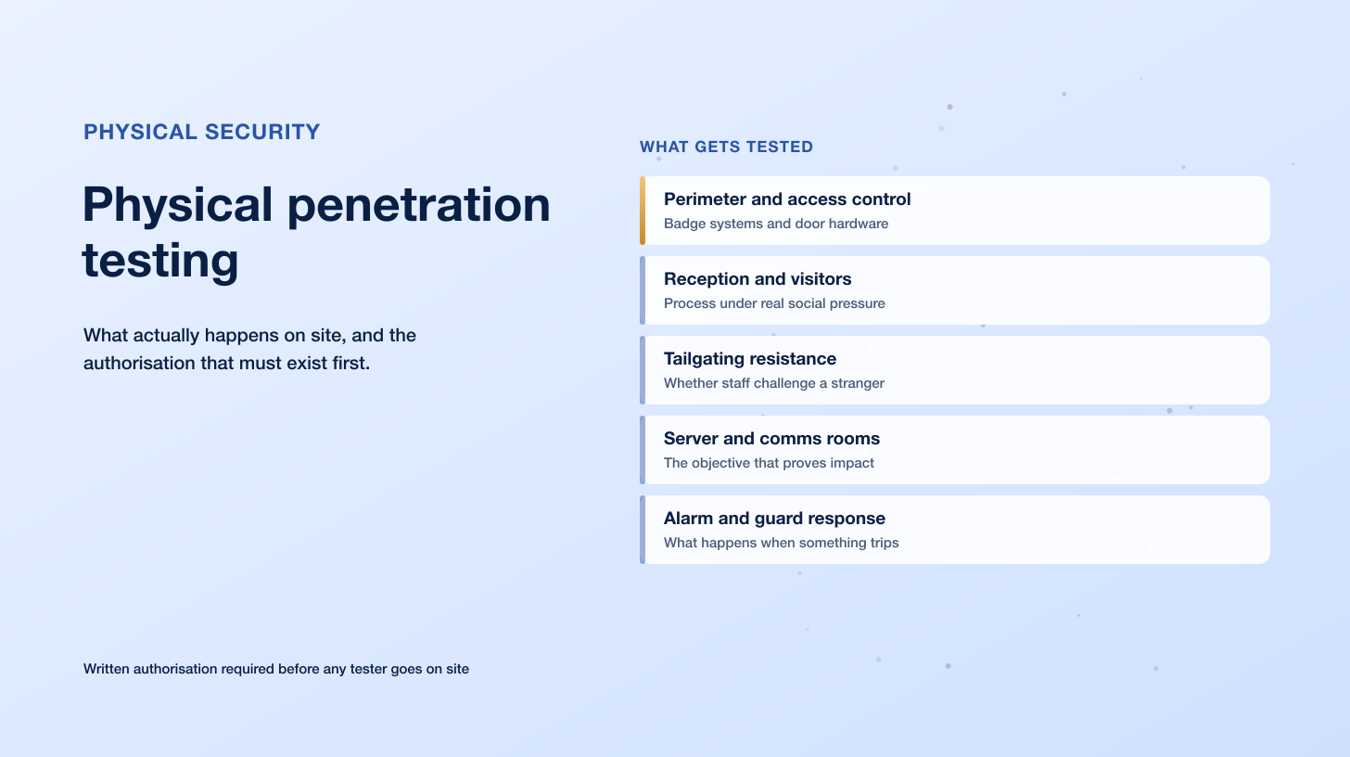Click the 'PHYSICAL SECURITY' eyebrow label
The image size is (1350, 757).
(201, 132)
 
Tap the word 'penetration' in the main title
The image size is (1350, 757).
(418, 205)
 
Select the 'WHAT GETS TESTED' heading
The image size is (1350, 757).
(726, 147)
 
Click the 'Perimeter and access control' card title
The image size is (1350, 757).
(787, 199)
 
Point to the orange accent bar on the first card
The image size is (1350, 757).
(643, 211)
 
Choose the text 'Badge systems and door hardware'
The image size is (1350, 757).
(776, 224)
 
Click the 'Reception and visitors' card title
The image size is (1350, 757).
(758, 278)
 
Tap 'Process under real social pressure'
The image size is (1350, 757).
(774, 303)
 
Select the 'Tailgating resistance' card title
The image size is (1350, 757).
(750, 359)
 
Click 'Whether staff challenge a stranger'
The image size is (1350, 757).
(774, 383)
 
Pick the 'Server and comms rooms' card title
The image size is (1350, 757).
(771, 439)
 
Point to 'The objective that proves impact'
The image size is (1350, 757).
(769, 463)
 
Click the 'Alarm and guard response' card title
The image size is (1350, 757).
(774, 519)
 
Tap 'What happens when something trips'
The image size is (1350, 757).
(781, 543)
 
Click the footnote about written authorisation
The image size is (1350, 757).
(276, 669)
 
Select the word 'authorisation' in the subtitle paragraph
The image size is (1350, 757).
(139, 363)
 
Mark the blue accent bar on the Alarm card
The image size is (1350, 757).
(643, 530)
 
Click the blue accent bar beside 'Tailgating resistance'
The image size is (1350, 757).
(643, 370)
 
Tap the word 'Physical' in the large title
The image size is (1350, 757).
(178, 205)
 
